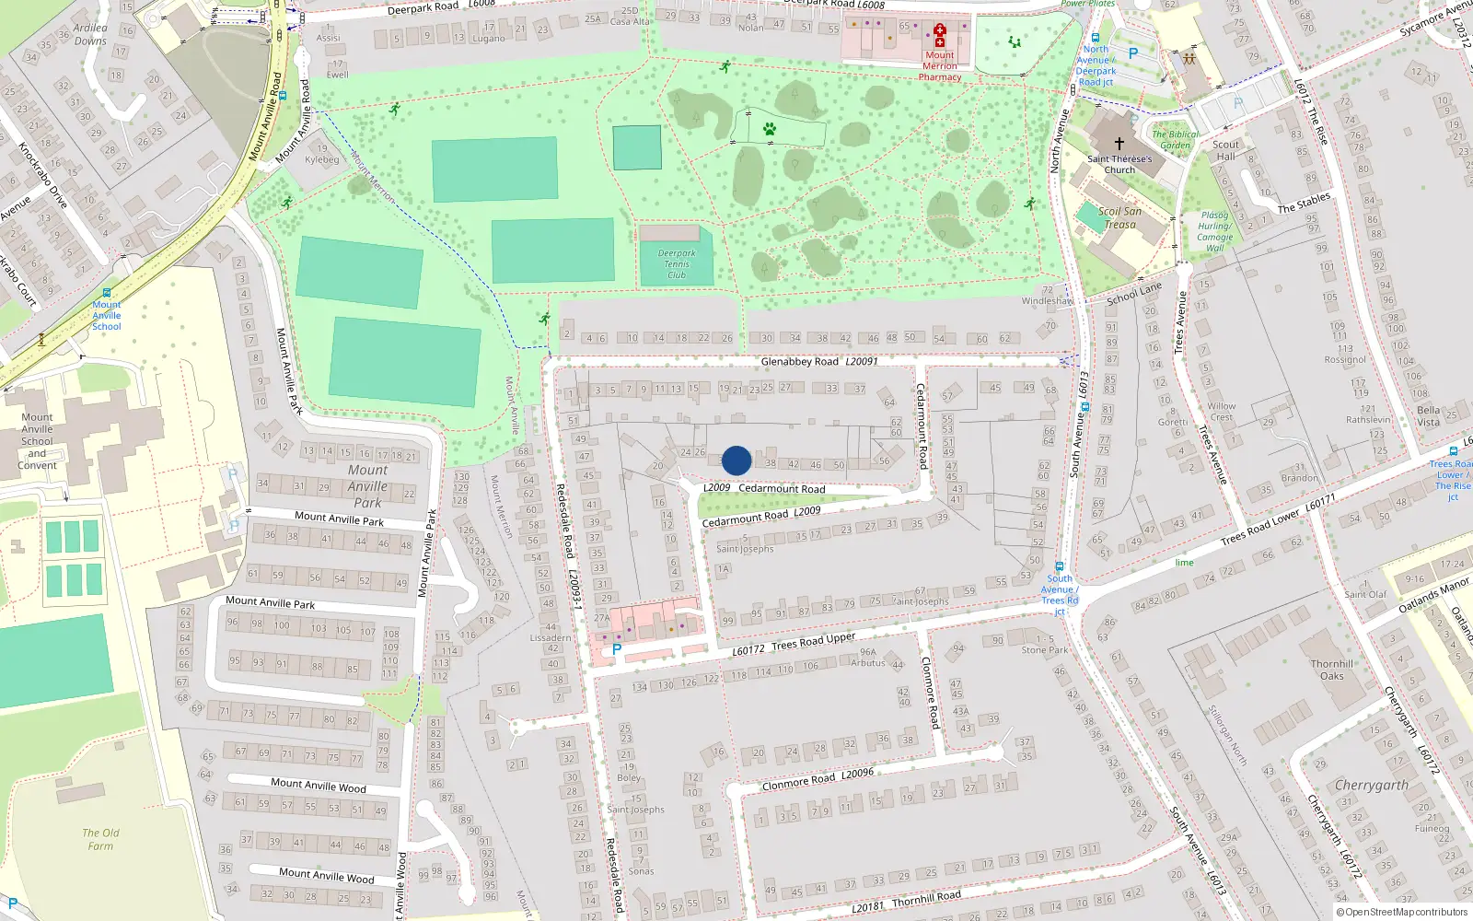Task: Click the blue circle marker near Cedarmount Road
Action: click(736, 460)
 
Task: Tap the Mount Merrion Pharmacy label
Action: click(940, 66)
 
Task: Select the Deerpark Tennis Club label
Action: click(677, 264)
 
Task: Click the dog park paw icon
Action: click(770, 129)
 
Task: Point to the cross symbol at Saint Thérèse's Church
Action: click(1119, 144)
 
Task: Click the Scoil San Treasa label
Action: click(1119, 218)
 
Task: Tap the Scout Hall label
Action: click(1225, 150)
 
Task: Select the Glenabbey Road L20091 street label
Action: click(819, 362)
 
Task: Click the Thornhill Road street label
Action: click(926, 898)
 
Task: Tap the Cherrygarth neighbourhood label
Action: click(1371, 786)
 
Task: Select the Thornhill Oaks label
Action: click(1332, 670)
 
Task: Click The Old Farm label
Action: click(100, 839)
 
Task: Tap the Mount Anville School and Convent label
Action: click(37, 441)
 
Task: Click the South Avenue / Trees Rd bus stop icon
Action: click(1060, 566)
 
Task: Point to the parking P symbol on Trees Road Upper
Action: click(617, 649)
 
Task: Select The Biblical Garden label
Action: click(1176, 139)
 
